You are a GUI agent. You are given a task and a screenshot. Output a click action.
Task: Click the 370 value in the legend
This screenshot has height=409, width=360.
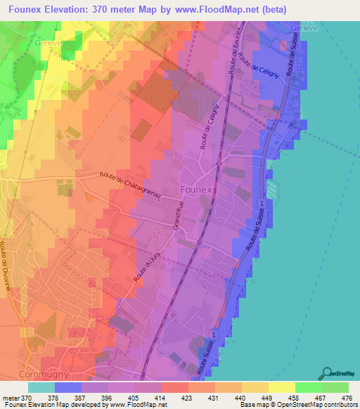[x=25, y=397]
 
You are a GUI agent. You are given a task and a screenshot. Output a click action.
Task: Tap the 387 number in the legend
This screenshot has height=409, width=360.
[x=81, y=397]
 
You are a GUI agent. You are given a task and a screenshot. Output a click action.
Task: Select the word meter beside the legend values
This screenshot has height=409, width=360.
[x=10, y=397]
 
